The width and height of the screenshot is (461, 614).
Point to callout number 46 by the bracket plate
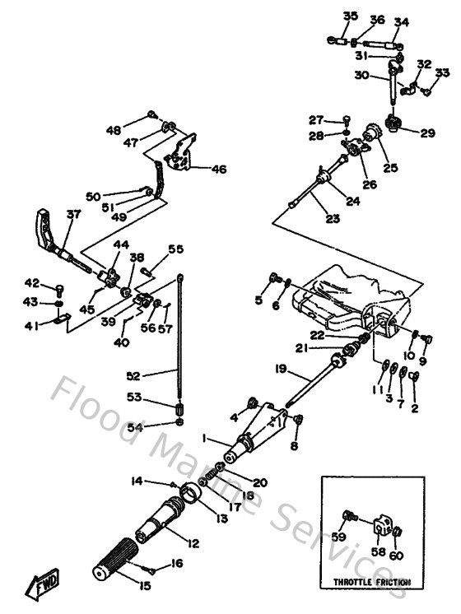coord(218,170)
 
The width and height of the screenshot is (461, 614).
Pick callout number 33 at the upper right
coord(442,73)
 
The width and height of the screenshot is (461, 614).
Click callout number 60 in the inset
coord(397,556)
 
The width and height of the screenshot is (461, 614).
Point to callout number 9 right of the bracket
coord(423,360)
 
